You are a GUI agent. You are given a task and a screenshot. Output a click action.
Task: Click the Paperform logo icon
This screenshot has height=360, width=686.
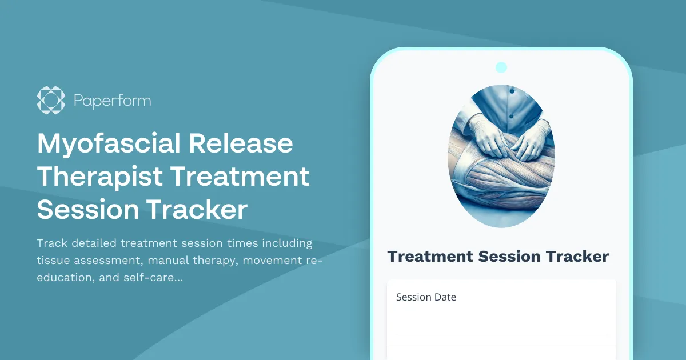click(51, 101)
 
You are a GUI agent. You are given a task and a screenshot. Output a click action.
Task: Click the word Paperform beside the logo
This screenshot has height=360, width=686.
click(112, 101)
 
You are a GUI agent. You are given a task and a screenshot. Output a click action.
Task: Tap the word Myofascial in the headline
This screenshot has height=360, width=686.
click(109, 143)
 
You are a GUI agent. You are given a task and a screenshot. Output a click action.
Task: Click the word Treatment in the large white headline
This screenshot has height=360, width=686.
click(240, 177)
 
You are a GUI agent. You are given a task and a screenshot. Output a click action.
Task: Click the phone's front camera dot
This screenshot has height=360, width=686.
click(501, 67)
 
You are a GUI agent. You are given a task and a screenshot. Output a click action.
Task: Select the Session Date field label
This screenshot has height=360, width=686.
click(426, 297)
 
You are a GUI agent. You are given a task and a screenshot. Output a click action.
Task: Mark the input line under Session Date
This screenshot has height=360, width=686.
click(501, 334)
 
